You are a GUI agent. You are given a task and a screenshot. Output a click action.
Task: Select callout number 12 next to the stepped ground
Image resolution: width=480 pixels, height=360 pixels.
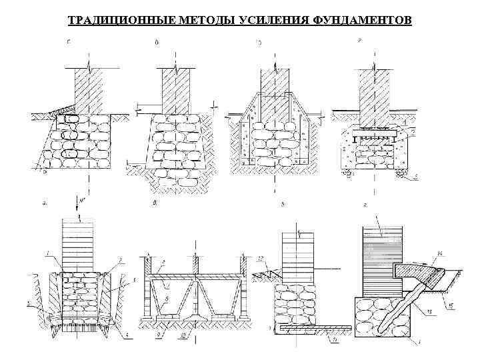(x=261, y=258)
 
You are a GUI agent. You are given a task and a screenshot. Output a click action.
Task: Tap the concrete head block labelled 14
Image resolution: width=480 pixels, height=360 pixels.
(x=417, y=269)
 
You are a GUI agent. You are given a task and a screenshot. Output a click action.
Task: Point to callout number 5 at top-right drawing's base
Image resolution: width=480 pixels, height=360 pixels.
(x=415, y=177)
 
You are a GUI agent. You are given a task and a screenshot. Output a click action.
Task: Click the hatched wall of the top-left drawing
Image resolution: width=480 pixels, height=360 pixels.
(x=89, y=93)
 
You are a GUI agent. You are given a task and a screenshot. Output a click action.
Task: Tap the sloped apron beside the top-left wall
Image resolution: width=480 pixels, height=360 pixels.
(x=61, y=107)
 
